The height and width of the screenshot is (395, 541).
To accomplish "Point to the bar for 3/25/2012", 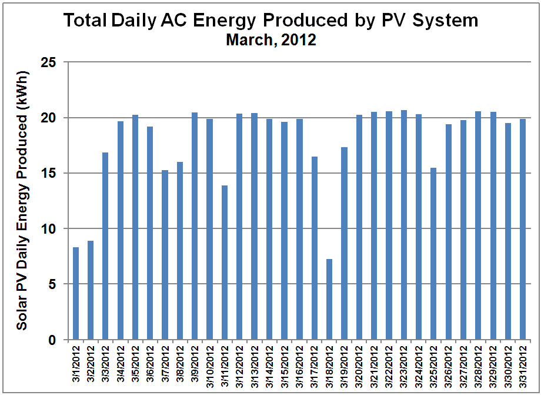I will coord(433,254).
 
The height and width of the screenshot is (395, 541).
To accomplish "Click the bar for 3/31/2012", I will coord(523,229).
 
